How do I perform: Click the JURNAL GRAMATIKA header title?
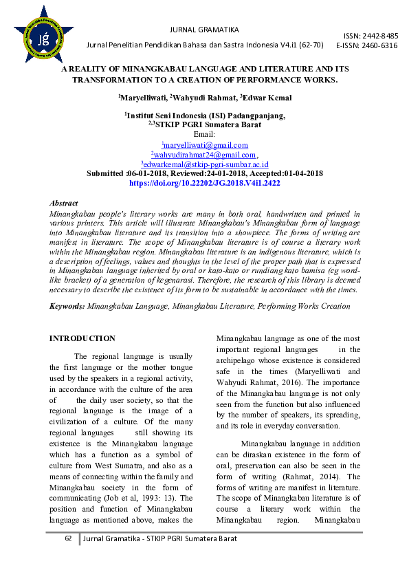point(203,30)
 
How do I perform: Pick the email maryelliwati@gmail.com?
point(205,145)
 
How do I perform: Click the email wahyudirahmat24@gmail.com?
point(204,155)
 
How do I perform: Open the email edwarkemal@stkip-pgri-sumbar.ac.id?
point(205,164)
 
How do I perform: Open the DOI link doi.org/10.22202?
point(204,184)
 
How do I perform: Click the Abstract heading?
point(64,204)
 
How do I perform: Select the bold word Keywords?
point(67,305)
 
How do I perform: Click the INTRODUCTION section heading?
point(82,338)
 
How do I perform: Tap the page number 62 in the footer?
point(68,538)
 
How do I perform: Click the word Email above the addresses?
point(204,134)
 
